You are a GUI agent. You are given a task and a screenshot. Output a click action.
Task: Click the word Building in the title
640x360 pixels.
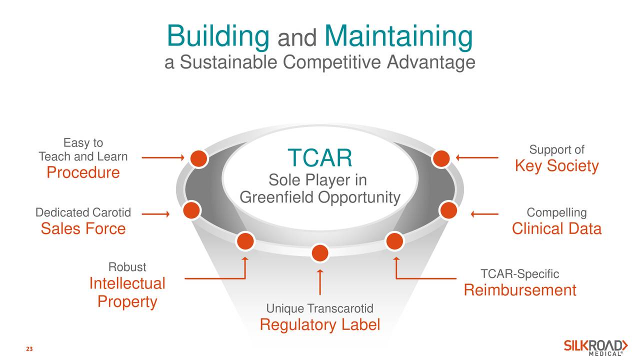tap(217, 36)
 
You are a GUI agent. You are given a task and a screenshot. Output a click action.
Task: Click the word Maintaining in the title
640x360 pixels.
tap(398, 36)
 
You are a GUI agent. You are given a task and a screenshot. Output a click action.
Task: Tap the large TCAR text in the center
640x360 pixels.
tap(319, 158)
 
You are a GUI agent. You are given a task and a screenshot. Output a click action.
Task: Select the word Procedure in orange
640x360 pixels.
tap(83, 172)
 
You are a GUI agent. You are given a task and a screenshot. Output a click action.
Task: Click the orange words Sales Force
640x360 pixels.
tap(83, 229)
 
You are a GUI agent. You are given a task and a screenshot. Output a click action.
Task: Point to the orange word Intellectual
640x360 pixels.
tap(127, 284)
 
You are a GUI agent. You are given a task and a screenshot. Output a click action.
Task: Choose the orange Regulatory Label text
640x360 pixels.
tap(319, 325)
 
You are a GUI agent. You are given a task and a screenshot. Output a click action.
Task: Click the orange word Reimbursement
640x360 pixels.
tap(520, 290)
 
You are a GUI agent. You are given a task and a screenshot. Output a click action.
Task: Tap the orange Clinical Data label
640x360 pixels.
tap(556, 229)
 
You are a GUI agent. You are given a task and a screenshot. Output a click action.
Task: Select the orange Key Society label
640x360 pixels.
tap(556, 166)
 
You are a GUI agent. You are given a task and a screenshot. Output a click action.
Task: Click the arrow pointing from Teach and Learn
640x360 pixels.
tap(163, 158)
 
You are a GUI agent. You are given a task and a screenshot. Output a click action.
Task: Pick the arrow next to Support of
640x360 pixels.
tap(477, 158)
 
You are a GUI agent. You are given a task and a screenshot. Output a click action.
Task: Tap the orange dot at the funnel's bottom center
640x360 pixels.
tap(319, 253)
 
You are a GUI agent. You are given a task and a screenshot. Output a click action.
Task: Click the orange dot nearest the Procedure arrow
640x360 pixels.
tap(198, 158)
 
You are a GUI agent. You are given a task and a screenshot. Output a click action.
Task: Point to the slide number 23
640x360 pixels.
tap(29, 349)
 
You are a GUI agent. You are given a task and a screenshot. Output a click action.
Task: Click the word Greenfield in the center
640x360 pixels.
tap(277, 198)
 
